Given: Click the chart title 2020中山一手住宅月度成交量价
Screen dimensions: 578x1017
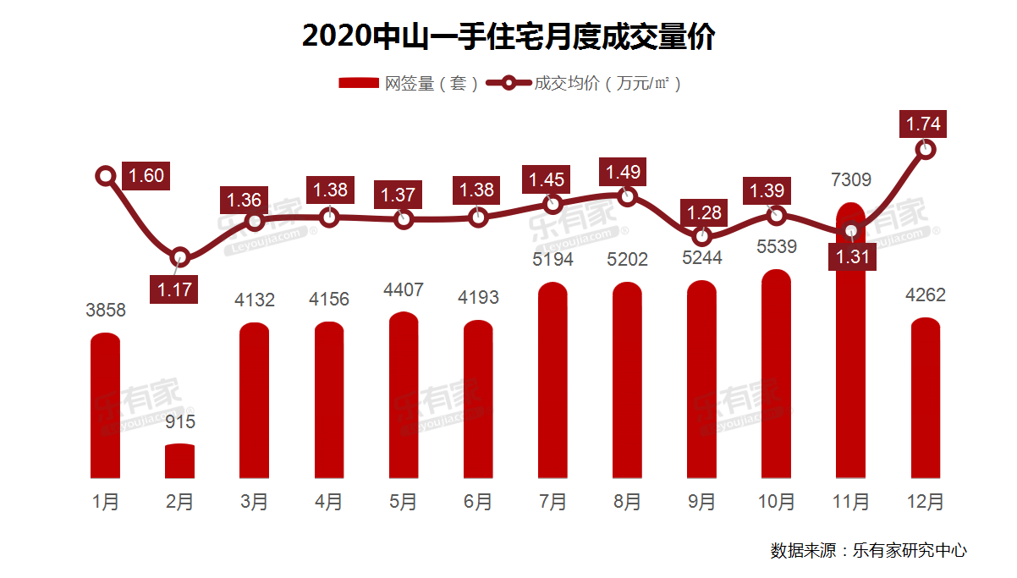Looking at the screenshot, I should [x=508, y=36].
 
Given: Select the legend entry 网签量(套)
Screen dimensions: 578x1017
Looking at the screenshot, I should [x=410, y=83].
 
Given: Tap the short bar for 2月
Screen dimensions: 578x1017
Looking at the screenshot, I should [x=179, y=461].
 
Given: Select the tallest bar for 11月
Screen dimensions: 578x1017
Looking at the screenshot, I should [x=850, y=355].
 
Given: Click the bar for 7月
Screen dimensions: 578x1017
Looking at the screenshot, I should [x=552, y=381].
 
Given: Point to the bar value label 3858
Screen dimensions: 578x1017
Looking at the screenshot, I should [x=106, y=311].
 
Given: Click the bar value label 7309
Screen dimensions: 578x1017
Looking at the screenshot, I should [x=850, y=179].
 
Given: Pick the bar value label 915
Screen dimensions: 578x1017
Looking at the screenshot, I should [x=179, y=421].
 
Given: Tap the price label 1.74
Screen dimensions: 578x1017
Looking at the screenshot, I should [x=923, y=124].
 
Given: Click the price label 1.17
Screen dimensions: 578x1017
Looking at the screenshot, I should [x=176, y=290].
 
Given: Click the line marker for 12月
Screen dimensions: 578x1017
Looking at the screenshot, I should [x=926, y=150].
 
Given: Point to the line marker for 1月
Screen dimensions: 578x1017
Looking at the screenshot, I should [x=106, y=176].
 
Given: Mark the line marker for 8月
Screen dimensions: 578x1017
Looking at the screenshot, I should [x=627, y=196].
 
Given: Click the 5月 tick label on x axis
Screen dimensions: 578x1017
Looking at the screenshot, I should [x=404, y=502].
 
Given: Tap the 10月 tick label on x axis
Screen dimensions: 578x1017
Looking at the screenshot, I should [x=776, y=502].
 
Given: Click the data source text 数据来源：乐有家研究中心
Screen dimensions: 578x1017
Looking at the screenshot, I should [x=868, y=550].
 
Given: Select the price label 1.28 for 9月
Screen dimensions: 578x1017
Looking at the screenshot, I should [x=702, y=212].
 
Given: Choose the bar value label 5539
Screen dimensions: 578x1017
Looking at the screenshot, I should [x=776, y=250].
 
